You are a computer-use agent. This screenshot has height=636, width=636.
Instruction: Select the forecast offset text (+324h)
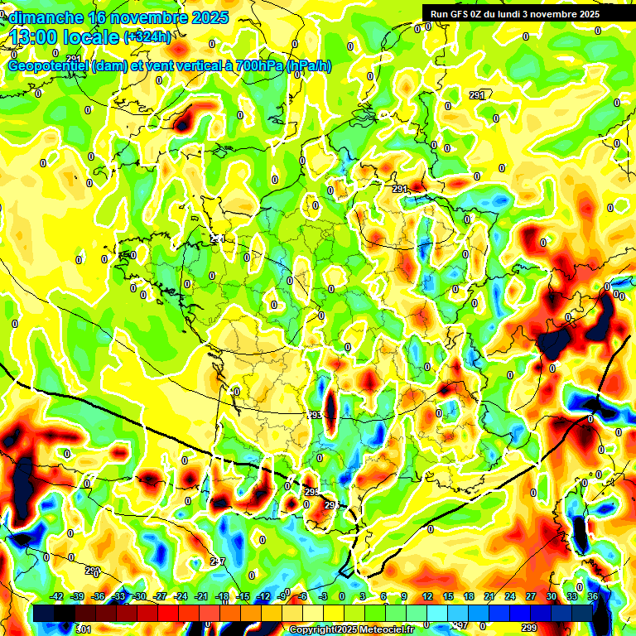coord(147,37)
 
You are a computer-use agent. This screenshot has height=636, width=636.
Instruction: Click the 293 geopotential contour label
coord(315,415)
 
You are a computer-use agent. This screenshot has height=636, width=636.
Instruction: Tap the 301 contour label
coord(84,630)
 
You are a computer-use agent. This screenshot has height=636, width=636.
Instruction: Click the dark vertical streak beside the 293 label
coord(330,406)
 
